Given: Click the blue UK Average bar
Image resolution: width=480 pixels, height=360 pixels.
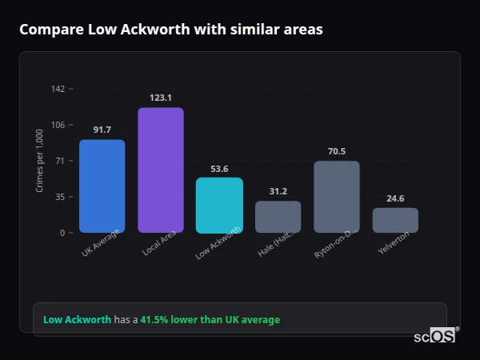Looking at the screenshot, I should tap(102, 186).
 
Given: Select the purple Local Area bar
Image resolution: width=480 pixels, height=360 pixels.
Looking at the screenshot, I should tap(161, 170).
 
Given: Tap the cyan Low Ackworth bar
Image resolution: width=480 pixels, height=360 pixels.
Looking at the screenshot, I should tap(219, 205).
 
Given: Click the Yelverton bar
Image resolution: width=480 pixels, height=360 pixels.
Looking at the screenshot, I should tap(395, 220).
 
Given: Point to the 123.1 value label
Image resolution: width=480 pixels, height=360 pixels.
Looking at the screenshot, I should tap(161, 98).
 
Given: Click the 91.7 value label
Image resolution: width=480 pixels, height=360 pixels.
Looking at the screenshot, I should tap(102, 130).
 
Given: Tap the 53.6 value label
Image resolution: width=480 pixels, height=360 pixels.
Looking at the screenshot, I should tap(219, 169).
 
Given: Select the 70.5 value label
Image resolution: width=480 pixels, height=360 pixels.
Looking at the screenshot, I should tap(336, 151).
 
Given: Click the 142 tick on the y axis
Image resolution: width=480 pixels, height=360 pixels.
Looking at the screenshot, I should tap(58, 89).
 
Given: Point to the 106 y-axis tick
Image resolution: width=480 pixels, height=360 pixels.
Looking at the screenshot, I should tap(58, 125).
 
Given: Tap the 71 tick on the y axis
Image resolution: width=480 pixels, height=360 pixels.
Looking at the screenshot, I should tap(59, 161).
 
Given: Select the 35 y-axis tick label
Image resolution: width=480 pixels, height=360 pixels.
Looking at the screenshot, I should tap(59, 197).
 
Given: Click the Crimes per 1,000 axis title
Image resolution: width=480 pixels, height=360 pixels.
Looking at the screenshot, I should tap(40, 161).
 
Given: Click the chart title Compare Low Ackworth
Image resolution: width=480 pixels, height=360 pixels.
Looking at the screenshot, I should tap(171, 30).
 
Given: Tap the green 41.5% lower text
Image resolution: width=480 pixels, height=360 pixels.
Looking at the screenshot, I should tap(210, 320).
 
